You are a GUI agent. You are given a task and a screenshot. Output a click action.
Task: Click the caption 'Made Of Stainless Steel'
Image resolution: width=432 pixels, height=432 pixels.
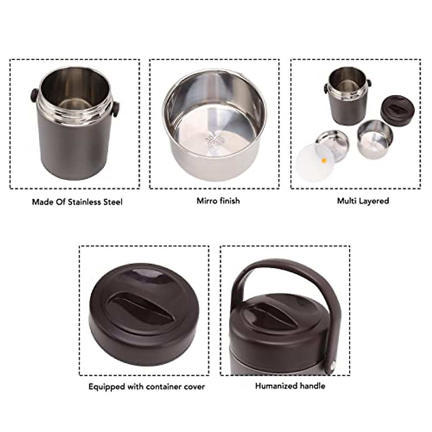tap(77, 202)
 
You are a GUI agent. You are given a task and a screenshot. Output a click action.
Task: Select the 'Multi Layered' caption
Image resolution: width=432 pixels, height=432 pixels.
tap(363, 201)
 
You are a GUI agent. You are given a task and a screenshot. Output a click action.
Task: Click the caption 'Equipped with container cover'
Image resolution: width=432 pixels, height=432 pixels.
tap(147, 387)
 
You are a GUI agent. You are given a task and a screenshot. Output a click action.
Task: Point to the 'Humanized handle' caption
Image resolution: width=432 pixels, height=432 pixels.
tap(290, 386)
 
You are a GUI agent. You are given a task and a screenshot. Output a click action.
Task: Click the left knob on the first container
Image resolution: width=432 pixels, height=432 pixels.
tap(33, 95)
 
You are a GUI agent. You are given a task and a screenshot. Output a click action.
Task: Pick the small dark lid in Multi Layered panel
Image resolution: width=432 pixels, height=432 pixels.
tap(397, 108)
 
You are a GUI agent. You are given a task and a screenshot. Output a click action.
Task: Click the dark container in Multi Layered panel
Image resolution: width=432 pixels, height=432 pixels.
tap(347, 104)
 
